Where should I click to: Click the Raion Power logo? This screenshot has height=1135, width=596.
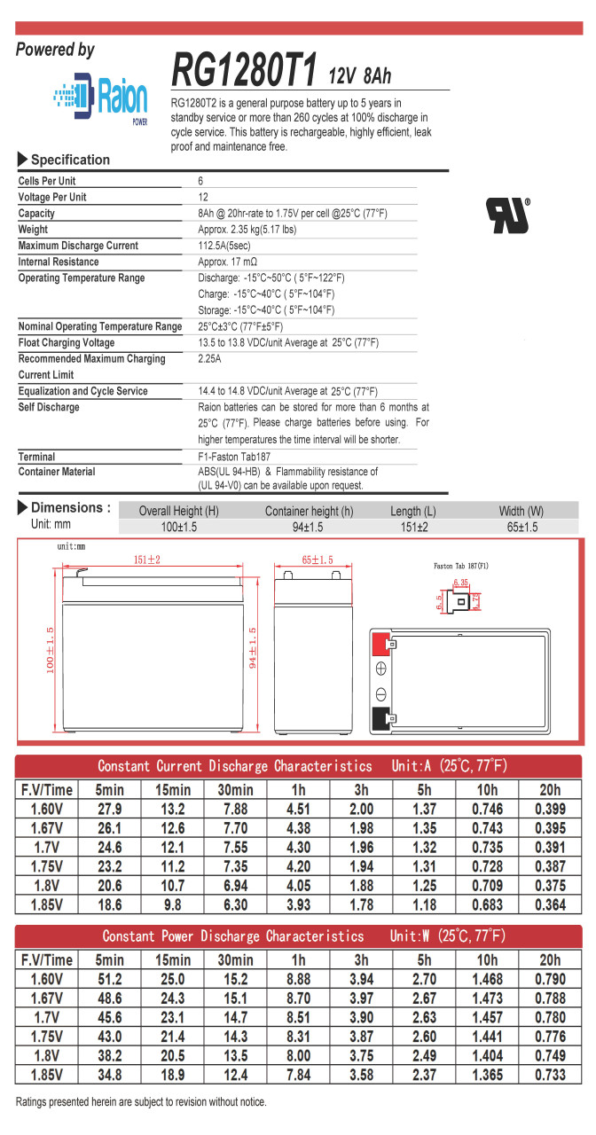99,97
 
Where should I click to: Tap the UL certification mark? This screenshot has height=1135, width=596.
507,215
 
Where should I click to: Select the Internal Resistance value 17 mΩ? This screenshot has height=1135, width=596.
228,262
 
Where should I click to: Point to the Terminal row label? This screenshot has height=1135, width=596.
36,457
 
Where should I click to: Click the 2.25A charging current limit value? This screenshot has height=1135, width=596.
211,359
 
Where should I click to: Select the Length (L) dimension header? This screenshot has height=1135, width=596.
412,512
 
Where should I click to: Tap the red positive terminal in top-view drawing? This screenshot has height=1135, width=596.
380,642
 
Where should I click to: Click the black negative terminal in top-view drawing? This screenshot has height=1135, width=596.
380,717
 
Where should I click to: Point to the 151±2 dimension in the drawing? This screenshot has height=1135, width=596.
146,560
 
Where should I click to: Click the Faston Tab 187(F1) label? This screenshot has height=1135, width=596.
460,565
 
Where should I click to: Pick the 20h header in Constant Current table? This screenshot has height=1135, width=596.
549,790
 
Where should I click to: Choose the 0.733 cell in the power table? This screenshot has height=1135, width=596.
549,1075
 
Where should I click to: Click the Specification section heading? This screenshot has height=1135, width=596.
70,160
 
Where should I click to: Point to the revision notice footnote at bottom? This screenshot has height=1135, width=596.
140,1101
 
